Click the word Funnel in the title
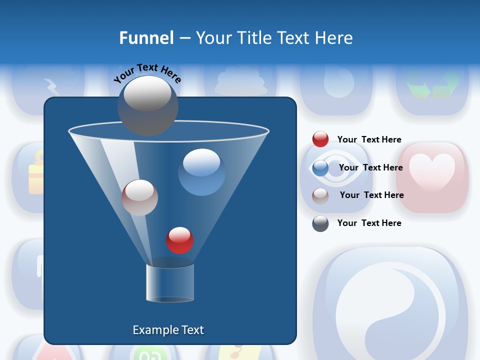point(146,38)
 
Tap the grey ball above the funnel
point(147,105)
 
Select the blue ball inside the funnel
point(201,172)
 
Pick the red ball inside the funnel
point(179,240)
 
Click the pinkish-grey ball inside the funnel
point(139,197)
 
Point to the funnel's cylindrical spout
point(170,282)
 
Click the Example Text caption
point(168,330)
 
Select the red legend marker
point(320,139)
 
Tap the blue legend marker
point(320,168)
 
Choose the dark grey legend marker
point(320,223)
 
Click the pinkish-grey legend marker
point(320,195)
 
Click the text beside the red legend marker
point(369,139)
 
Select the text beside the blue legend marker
point(370,167)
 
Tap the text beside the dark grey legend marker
point(369,223)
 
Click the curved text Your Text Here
point(147,72)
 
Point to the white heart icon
point(432,172)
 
